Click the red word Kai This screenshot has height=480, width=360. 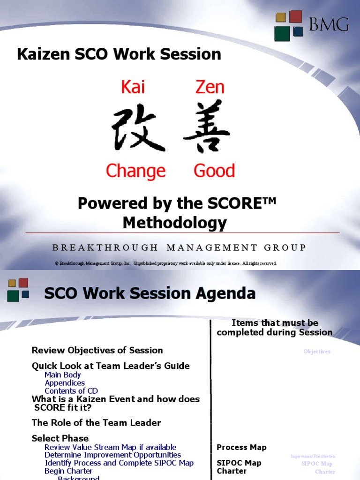[133, 87]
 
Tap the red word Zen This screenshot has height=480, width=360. [210, 87]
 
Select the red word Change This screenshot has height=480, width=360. [135, 171]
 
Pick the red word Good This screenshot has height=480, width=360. [214, 171]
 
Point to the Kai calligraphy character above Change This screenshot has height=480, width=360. [138, 128]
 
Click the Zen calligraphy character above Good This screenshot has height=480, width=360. [207, 127]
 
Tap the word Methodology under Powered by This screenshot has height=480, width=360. [174, 223]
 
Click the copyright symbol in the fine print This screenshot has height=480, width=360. [56, 263]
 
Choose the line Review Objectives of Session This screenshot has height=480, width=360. [97, 350]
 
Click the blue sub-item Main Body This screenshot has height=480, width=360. [62, 375]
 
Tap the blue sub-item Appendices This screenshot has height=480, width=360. [65, 383]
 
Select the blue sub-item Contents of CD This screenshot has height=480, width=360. [71, 391]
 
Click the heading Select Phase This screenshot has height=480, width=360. [60, 438]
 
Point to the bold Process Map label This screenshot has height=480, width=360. [241, 447]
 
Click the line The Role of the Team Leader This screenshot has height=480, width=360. [96, 422]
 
